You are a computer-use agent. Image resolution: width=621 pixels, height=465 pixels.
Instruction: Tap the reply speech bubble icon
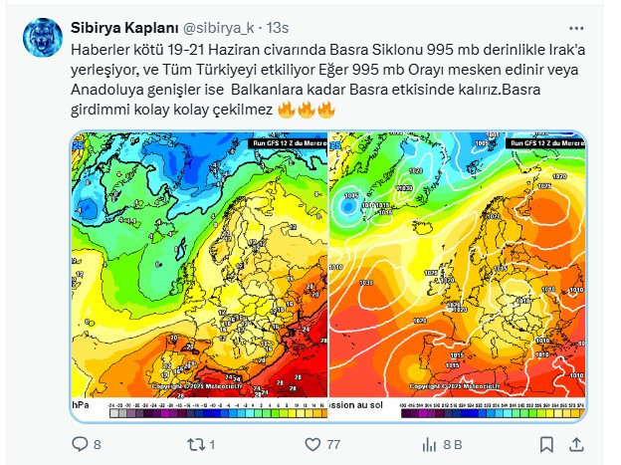click(x=80, y=443)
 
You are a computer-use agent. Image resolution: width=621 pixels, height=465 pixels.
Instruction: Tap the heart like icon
click(x=311, y=443)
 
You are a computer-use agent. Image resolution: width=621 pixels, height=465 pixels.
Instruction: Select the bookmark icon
click(x=546, y=443)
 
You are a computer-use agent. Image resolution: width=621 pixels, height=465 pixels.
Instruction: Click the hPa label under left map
click(x=80, y=405)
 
